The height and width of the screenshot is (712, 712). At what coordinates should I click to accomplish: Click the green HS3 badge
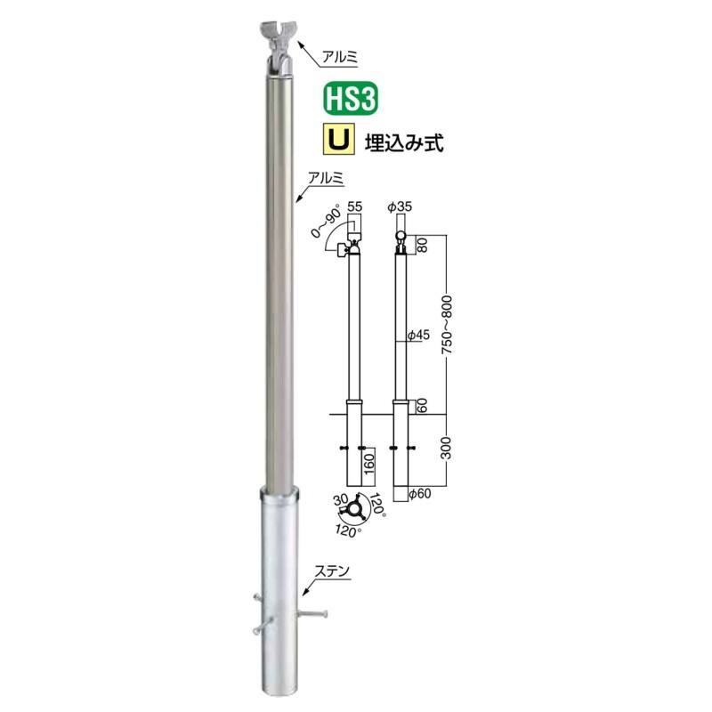click(x=350, y=99)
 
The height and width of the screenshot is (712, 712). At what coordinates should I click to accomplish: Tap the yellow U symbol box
click(x=339, y=141)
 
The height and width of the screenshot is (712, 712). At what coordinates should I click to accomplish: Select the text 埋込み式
click(x=404, y=142)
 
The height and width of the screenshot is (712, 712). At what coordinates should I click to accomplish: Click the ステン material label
click(x=332, y=571)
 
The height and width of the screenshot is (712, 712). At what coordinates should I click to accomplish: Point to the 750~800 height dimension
click(x=447, y=324)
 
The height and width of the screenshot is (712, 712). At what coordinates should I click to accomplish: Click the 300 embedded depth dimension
click(x=447, y=449)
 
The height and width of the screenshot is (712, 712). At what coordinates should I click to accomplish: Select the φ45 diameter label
click(x=418, y=336)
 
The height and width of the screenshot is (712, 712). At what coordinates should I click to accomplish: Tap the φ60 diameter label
click(x=419, y=493)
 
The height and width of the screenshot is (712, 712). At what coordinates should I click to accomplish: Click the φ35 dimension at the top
click(x=400, y=206)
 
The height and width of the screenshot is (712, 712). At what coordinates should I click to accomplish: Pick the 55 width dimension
click(x=354, y=206)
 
